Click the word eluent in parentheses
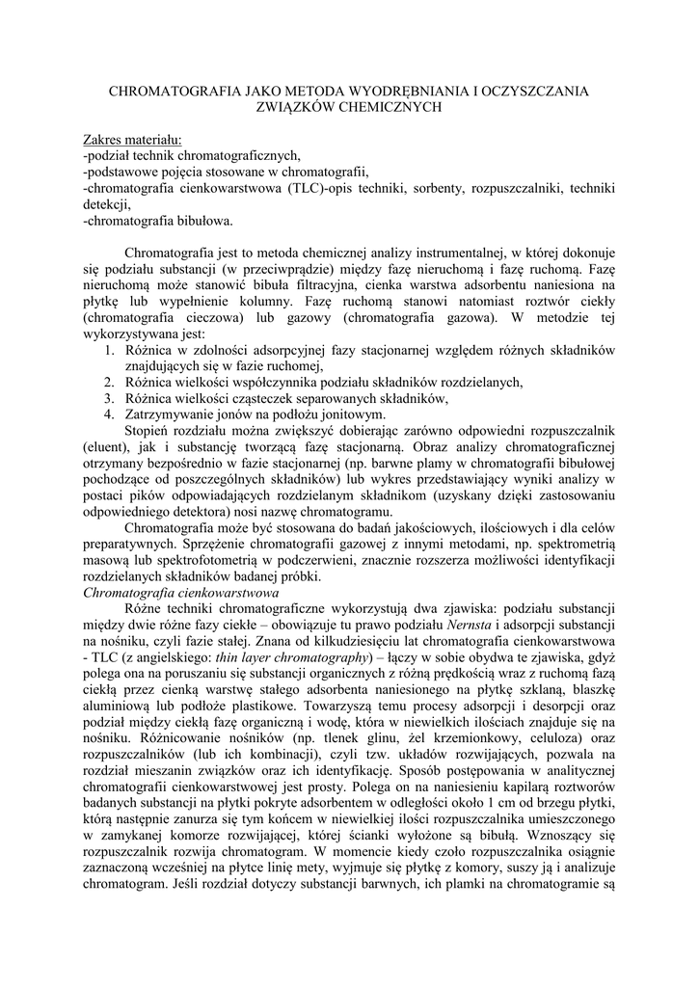[104, 448]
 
